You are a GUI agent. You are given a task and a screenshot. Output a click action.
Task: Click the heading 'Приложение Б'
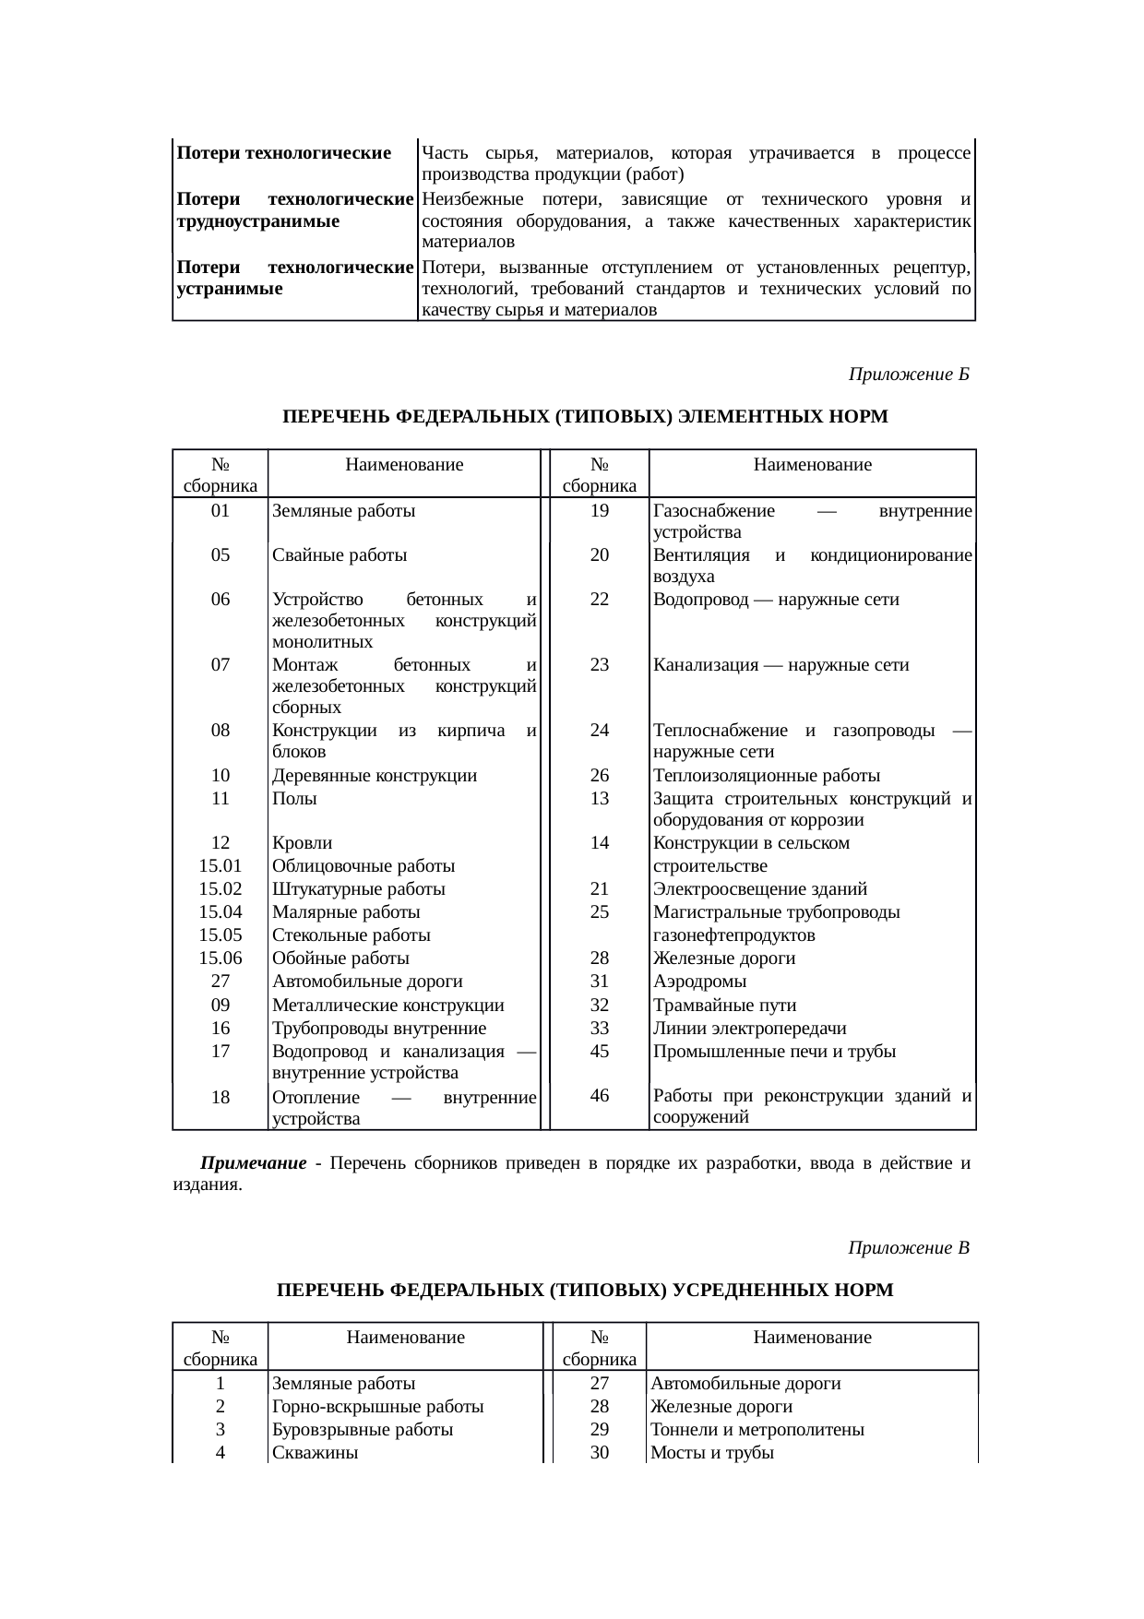point(908,375)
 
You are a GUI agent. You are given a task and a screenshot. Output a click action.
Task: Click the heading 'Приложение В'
point(908,1248)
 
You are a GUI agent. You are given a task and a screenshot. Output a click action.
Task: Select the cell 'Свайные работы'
point(340,555)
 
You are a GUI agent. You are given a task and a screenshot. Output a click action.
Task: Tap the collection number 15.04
point(220,912)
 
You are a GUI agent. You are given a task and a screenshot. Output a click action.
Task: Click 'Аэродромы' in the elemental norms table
point(699,982)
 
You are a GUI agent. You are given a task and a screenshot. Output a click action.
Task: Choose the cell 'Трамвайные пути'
point(724,1006)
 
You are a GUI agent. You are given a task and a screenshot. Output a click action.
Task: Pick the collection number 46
point(600,1096)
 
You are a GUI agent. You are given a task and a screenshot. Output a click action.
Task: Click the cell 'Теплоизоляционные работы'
point(766,775)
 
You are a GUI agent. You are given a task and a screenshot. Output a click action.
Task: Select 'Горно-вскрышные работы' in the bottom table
point(378,1407)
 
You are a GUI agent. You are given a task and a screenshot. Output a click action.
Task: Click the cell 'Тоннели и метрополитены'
point(757,1430)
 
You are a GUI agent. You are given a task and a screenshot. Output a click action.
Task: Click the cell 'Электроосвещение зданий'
point(759,889)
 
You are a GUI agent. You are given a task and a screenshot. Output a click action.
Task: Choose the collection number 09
point(220,1006)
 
